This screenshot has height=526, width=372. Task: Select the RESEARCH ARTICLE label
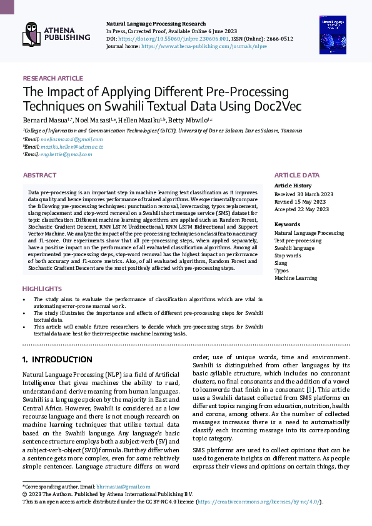click(53, 78)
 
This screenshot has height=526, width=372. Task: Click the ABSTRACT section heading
click(39, 176)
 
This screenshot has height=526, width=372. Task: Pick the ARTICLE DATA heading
click(297, 176)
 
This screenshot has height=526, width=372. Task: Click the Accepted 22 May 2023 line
click(301, 209)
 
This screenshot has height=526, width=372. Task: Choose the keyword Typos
click(282, 270)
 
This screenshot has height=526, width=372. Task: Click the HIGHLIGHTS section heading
click(42, 289)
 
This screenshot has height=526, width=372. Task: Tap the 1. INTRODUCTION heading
click(57, 360)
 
